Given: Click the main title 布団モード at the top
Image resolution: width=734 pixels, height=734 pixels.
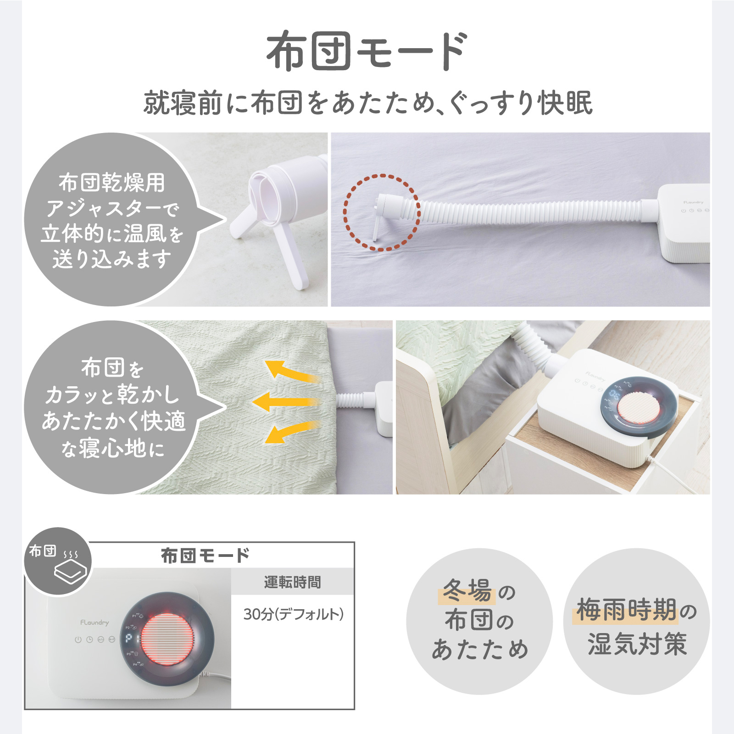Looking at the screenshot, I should [367, 51].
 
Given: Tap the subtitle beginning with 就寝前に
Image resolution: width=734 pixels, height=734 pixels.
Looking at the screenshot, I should [367, 103].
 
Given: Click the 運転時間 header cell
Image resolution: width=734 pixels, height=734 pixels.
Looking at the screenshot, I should [292, 582].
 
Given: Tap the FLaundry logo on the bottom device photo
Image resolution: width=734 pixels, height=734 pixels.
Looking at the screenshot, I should [95, 623].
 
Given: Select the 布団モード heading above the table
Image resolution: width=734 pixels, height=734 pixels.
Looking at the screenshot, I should [205, 556].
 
